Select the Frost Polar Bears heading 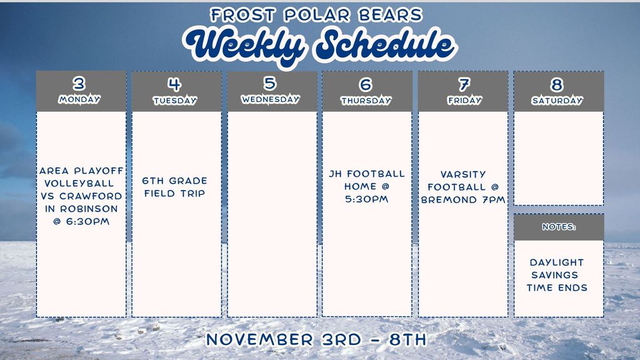tap(316, 14)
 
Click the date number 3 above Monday tap(79, 84)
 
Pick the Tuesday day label tap(175, 101)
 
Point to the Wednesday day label tap(271, 99)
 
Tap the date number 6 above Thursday tap(366, 84)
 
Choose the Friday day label tap(464, 100)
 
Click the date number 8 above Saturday tap(557, 84)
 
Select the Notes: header tap(559, 227)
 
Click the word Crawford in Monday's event tap(95, 196)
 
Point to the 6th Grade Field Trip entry tap(175, 187)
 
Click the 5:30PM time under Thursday tap(366, 199)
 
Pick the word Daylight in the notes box tap(557, 262)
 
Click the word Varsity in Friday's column tap(462, 174)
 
